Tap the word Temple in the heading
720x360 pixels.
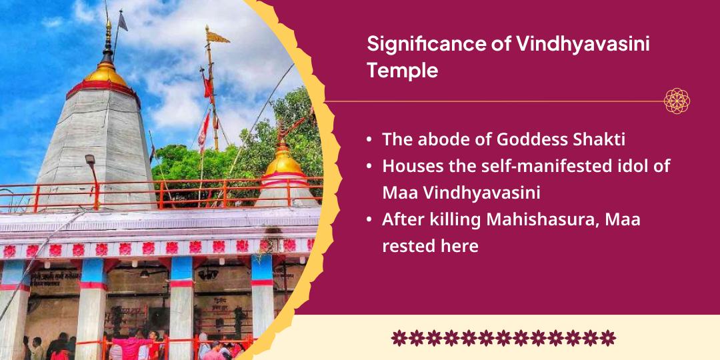pyautogui.click(x=402, y=71)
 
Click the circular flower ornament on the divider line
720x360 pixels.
pyautogui.click(x=677, y=101)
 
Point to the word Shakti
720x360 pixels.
pyautogui.click(x=599, y=140)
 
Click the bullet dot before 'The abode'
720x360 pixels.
pyautogui.click(x=369, y=141)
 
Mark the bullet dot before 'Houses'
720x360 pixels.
pyautogui.click(x=369, y=167)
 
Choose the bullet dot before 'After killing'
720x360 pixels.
pyautogui.click(x=369, y=220)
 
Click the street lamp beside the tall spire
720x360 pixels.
pyautogui.click(x=89, y=161)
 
